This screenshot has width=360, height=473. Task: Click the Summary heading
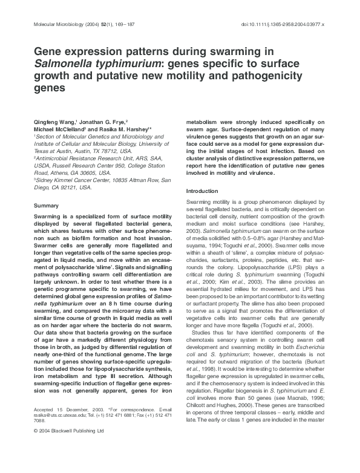(x=47, y=206)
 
